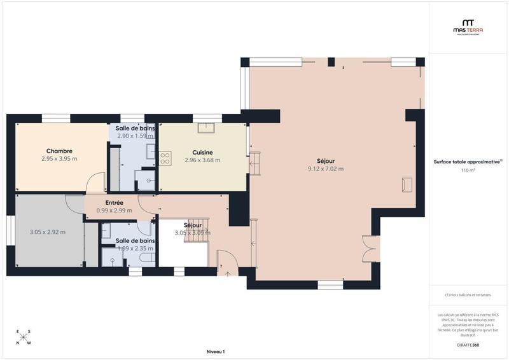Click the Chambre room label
click(59, 151)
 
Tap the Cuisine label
click(202, 152)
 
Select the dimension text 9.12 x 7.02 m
click(325, 169)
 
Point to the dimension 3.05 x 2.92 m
click(48, 232)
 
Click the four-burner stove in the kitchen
click(165, 158)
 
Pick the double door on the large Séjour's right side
click(370, 249)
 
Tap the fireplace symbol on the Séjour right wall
click(407, 184)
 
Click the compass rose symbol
click(24, 337)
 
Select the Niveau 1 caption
click(216, 351)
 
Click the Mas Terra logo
click(468, 25)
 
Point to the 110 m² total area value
click(468, 170)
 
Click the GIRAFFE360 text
click(468, 345)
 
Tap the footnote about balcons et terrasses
click(468, 294)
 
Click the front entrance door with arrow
click(227, 262)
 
